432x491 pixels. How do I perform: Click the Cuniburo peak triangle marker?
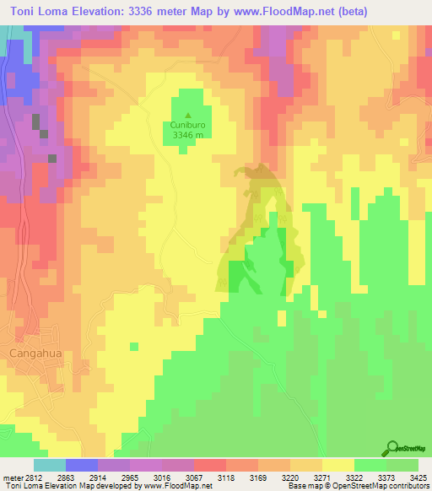188,116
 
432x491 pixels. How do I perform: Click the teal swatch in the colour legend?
49,465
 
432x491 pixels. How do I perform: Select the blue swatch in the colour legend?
81,465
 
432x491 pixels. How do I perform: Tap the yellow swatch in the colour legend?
337,465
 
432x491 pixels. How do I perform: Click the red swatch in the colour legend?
209,465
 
